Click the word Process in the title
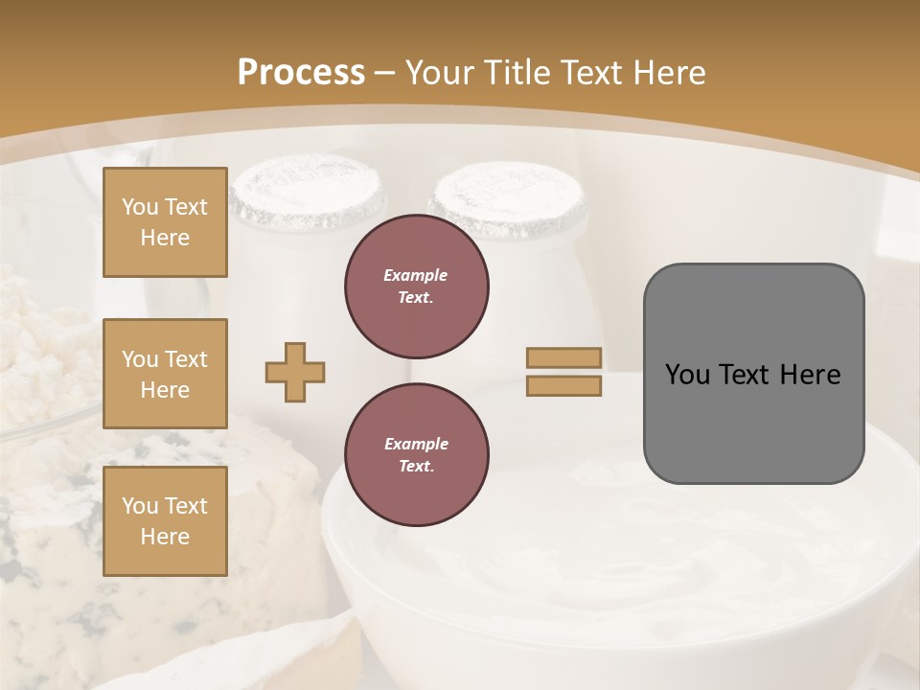tap(301, 73)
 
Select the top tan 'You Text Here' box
tap(165, 222)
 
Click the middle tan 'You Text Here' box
tap(165, 374)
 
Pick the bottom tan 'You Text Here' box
tap(165, 521)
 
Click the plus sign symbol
tap(295, 372)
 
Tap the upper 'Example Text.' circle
tap(416, 287)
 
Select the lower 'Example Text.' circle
tap(416, 455)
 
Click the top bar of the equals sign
tap(563, 358)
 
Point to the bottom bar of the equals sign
tap(563, 386)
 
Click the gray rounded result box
tap(753, 422)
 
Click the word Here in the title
tap(670, 73)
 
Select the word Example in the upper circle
tap(415, 275)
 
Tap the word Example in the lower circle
tap(416, 444)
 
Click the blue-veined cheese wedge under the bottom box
tap(57, 537)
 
